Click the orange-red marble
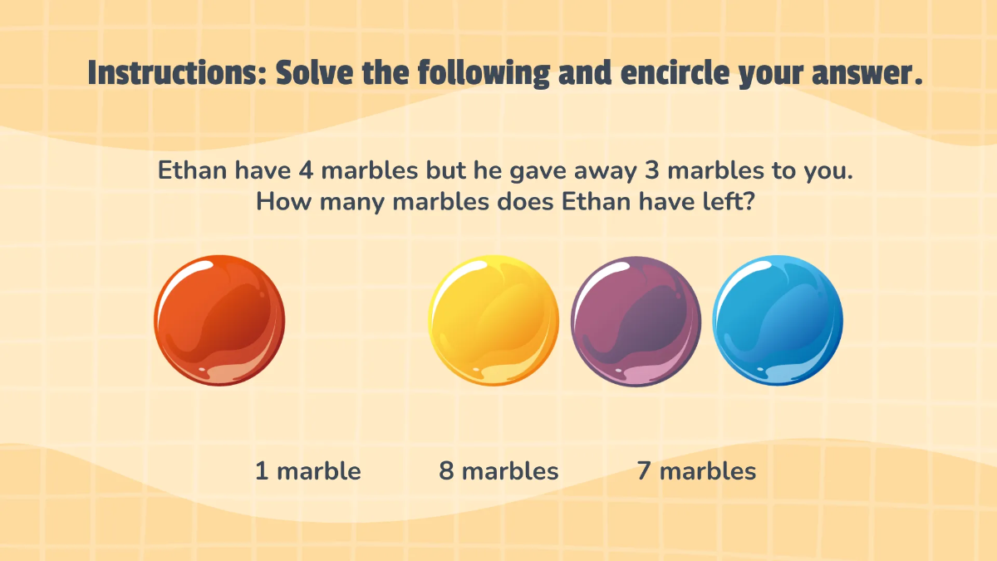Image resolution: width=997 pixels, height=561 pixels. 219,321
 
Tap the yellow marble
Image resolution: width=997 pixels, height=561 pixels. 494,321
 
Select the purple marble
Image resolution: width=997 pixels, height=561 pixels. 636,321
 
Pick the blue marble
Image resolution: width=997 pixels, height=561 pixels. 778,321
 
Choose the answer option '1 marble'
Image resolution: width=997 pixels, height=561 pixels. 307,471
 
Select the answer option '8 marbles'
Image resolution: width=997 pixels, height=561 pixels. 498,471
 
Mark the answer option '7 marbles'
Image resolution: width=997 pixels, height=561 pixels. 696,471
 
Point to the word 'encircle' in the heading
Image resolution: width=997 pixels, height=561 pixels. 663,73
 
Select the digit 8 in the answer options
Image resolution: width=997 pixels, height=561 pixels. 446,471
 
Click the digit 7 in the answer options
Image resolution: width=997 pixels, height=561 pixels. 644,471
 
